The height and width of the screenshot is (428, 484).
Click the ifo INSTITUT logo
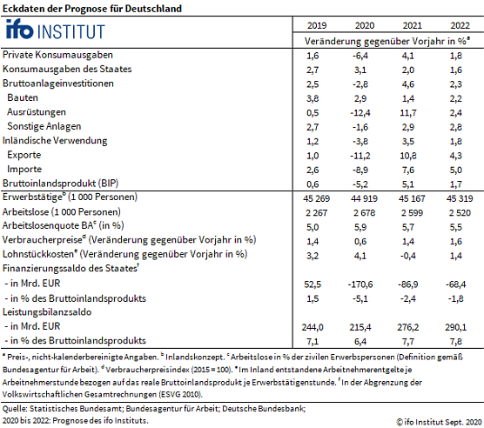(x=54, y=31)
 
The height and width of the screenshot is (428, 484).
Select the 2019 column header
(x=317, y=26)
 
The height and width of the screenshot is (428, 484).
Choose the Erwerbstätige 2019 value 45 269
(x=317, y=197)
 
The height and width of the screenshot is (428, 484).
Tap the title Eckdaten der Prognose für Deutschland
(x=91, y=7)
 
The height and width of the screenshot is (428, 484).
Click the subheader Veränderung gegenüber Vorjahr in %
(x=387, y=41)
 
